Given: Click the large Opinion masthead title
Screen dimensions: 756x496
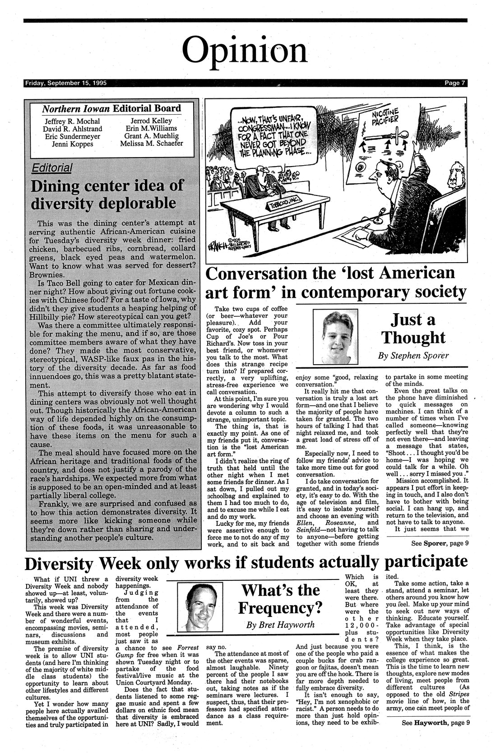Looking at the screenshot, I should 247,51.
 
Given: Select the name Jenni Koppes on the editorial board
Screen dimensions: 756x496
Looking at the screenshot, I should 73,144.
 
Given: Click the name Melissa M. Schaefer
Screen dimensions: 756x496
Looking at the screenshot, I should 152,144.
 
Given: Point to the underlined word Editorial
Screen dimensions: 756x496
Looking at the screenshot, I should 52,168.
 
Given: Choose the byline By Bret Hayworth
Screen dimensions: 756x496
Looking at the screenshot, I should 280,626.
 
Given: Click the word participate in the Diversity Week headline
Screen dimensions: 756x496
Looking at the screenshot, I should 426,561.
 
